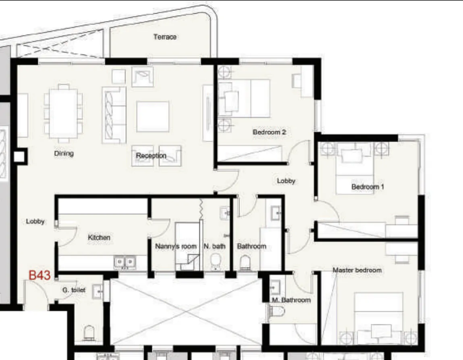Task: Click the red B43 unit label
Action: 39,276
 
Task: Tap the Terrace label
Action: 165,37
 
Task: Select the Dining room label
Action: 64,153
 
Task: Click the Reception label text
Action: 151,155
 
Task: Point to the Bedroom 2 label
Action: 269,132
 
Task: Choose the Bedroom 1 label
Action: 367,187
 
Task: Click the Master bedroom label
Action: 357,270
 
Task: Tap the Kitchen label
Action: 99,238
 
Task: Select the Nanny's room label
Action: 176,246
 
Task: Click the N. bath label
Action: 214,246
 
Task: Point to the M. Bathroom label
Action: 291,300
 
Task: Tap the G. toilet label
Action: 74,290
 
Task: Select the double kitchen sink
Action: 125,263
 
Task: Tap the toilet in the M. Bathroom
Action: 277,310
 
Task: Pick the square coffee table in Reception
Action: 152,116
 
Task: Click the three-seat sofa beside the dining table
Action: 114,114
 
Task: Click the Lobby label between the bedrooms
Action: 286,181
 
